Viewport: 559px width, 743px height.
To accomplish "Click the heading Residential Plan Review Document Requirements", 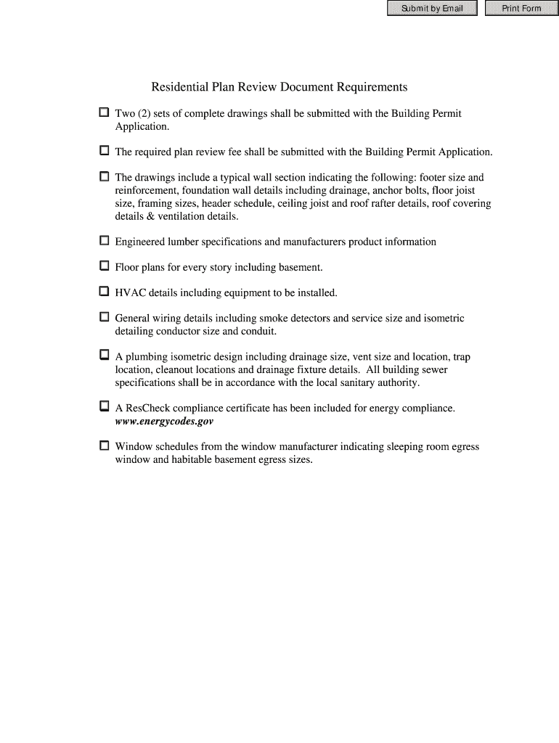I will coord(279,87).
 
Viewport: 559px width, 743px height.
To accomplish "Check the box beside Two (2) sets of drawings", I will coord(104,113).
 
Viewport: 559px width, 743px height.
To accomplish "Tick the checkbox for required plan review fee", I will coord(104,151).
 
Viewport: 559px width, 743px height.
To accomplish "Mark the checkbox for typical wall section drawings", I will coord(104,176).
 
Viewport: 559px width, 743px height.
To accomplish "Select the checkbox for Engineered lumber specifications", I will coord(104,241).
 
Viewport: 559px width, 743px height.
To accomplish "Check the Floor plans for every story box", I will coord(104,266).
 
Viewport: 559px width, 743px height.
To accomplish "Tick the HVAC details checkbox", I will coord(104,292).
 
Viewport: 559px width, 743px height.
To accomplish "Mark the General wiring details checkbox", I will coord(104,317).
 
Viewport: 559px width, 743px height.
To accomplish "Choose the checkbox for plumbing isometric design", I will coord(104,356).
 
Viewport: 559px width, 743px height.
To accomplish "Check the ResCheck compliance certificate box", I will coord(104,407).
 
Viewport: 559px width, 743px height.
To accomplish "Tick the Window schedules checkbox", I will coord(104,446).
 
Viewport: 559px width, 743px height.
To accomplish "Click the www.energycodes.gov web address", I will coord(164,422).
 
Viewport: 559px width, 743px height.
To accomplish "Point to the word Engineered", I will coord(141,242).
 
